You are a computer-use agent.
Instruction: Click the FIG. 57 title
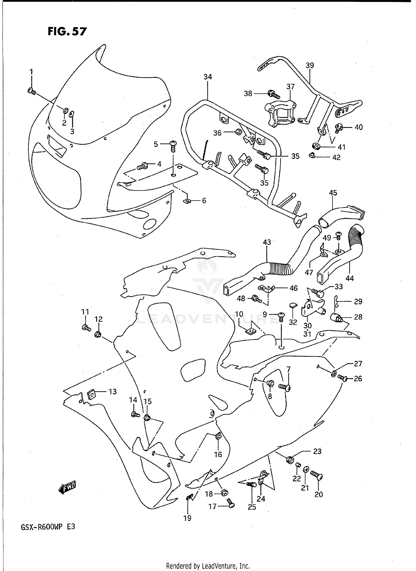pos(67,31)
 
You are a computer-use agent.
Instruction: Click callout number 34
pos(207,77)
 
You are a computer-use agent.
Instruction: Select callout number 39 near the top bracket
pos(310,65)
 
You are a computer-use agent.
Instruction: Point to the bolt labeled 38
pos(273,94)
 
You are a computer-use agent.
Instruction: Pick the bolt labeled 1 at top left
pos(32,91)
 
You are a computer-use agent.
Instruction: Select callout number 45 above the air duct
pos(333,192)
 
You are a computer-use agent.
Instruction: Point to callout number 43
pos(267,242)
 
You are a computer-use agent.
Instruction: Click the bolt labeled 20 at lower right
pos(316,476)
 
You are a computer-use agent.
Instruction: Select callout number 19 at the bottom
pos(187,518)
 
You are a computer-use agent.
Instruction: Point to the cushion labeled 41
pos(316,146)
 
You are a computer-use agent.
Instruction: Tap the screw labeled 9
pos(281,316)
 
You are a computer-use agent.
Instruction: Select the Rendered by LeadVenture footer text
pos(208,566)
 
